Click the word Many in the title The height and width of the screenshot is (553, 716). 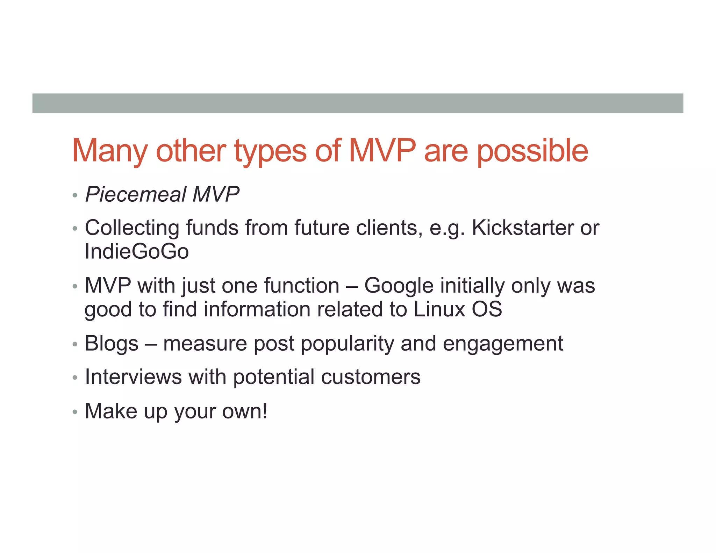(110, 151)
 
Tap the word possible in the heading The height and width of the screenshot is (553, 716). (532, 151)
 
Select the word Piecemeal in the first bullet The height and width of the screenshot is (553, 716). (136, 194)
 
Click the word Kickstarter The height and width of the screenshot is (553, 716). (523, 228)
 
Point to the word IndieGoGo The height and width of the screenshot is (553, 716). (137, 251)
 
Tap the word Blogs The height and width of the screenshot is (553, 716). (112, 343)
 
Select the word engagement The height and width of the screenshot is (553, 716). (503, 344)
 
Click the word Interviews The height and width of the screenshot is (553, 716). (133, 377)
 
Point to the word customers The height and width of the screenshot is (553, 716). (371, 377)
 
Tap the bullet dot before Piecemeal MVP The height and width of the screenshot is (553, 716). (74, 195)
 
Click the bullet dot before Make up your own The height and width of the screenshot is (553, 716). (74, 412)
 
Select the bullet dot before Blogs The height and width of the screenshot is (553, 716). (74, 344)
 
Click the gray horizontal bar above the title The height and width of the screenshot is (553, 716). (358, 103)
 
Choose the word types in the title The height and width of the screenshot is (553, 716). (270, 151)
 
